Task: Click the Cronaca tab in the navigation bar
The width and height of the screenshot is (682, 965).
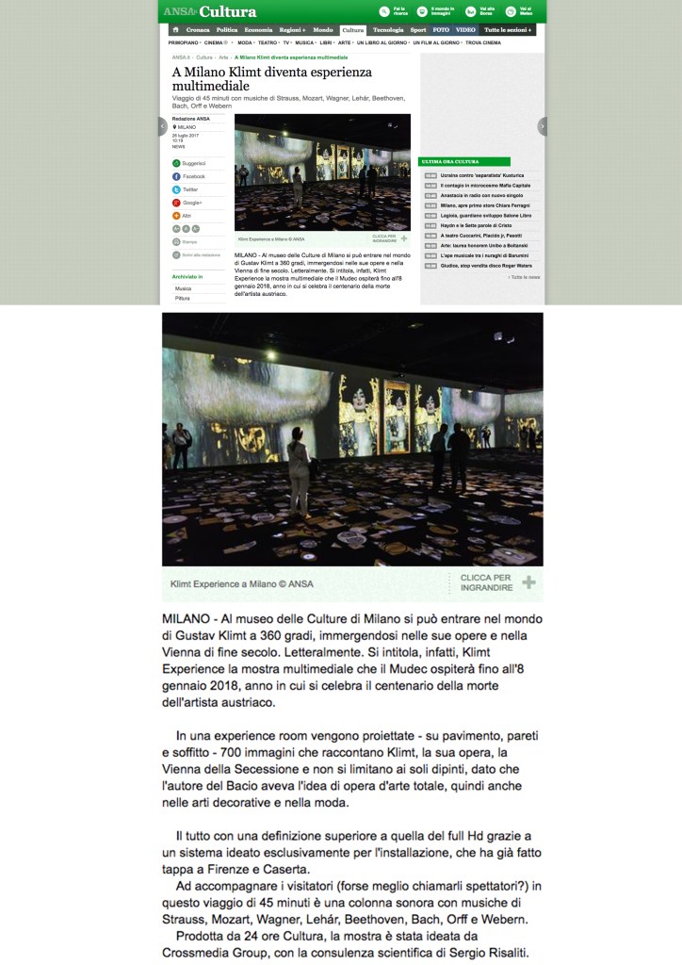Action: [x=200, y=30]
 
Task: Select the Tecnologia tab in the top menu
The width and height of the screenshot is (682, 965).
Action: [x=388, y=30]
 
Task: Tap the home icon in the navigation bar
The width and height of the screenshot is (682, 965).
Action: [x=174, y=30]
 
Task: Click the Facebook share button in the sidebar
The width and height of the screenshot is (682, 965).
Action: [x=188, y=176]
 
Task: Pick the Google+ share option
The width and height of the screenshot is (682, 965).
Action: [x=188, y=203]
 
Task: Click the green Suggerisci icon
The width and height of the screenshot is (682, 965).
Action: [x=176, y=163]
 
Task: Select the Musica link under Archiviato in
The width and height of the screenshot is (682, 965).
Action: [x=183, y=288]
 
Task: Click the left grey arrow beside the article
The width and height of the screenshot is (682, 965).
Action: [x=162, y=126]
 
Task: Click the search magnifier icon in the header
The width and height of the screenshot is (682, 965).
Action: [x=384, y=11]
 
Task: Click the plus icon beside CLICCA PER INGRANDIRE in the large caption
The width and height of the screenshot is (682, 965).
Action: [x=529, y=582]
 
